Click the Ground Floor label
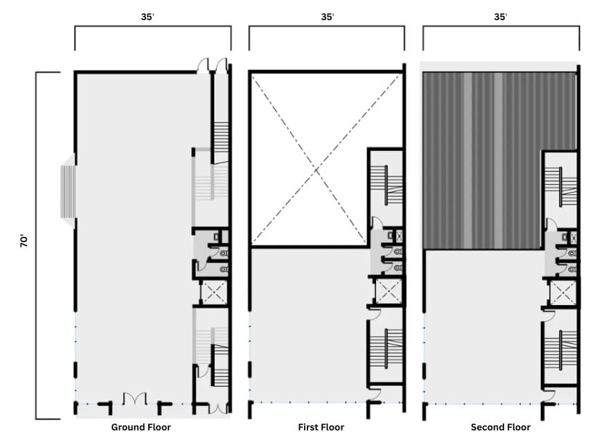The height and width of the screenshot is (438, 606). click(141, 427)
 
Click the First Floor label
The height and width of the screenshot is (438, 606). click(321, 427)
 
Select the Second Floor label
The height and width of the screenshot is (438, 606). click(501, 427)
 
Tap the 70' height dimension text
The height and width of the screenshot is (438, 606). click(25, 241)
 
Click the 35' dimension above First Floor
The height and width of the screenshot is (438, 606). click(327, 17)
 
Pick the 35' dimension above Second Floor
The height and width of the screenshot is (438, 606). click(501, 17)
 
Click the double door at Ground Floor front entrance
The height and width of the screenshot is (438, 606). click(135, 399)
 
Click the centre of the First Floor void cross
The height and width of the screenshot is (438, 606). click(317, 169)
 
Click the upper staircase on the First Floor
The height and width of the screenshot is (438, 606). click(386, 187)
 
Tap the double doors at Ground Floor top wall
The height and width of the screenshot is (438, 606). click(212, 66)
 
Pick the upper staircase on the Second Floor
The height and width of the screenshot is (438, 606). click(560, 187)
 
